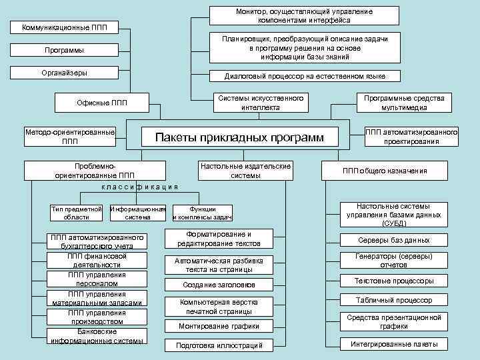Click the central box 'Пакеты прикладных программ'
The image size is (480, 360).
click(239, 138)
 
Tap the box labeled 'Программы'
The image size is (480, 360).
click(65, 51)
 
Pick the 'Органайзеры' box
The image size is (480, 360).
click(65, 73)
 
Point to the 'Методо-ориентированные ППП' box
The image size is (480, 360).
click(69, 137)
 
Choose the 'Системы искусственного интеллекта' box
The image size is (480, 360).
click(261, 102)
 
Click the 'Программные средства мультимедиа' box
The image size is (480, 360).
click(404, 102)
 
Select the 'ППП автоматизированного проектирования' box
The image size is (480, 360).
click(411, 137)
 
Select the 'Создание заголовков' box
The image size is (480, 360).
click(219, 285)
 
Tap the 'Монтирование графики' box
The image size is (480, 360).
click(219, 326)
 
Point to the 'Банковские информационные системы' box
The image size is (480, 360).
click(97, 336)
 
